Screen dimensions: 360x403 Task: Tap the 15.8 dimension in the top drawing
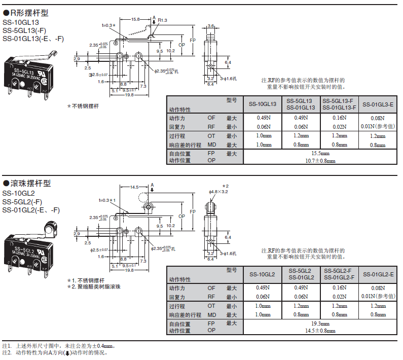(x=136, y=19)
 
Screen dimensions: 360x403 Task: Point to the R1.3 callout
(x=163, y=20)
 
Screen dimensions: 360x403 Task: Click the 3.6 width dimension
(x=211, y=25)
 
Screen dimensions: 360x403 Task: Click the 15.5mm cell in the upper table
(x=320, y=153)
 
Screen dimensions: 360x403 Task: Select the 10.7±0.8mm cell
(x=320, y=161)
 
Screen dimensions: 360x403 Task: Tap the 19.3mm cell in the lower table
(x=320, y=323)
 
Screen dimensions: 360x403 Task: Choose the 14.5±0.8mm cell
(x=320, y=331)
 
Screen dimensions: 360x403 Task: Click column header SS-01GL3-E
(x=378, y=104)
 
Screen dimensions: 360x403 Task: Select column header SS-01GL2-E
(x=378, y=274)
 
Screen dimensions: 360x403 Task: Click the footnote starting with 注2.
(x=56, y=352)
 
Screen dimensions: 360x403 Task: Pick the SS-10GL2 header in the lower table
(x=262, y=274)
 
